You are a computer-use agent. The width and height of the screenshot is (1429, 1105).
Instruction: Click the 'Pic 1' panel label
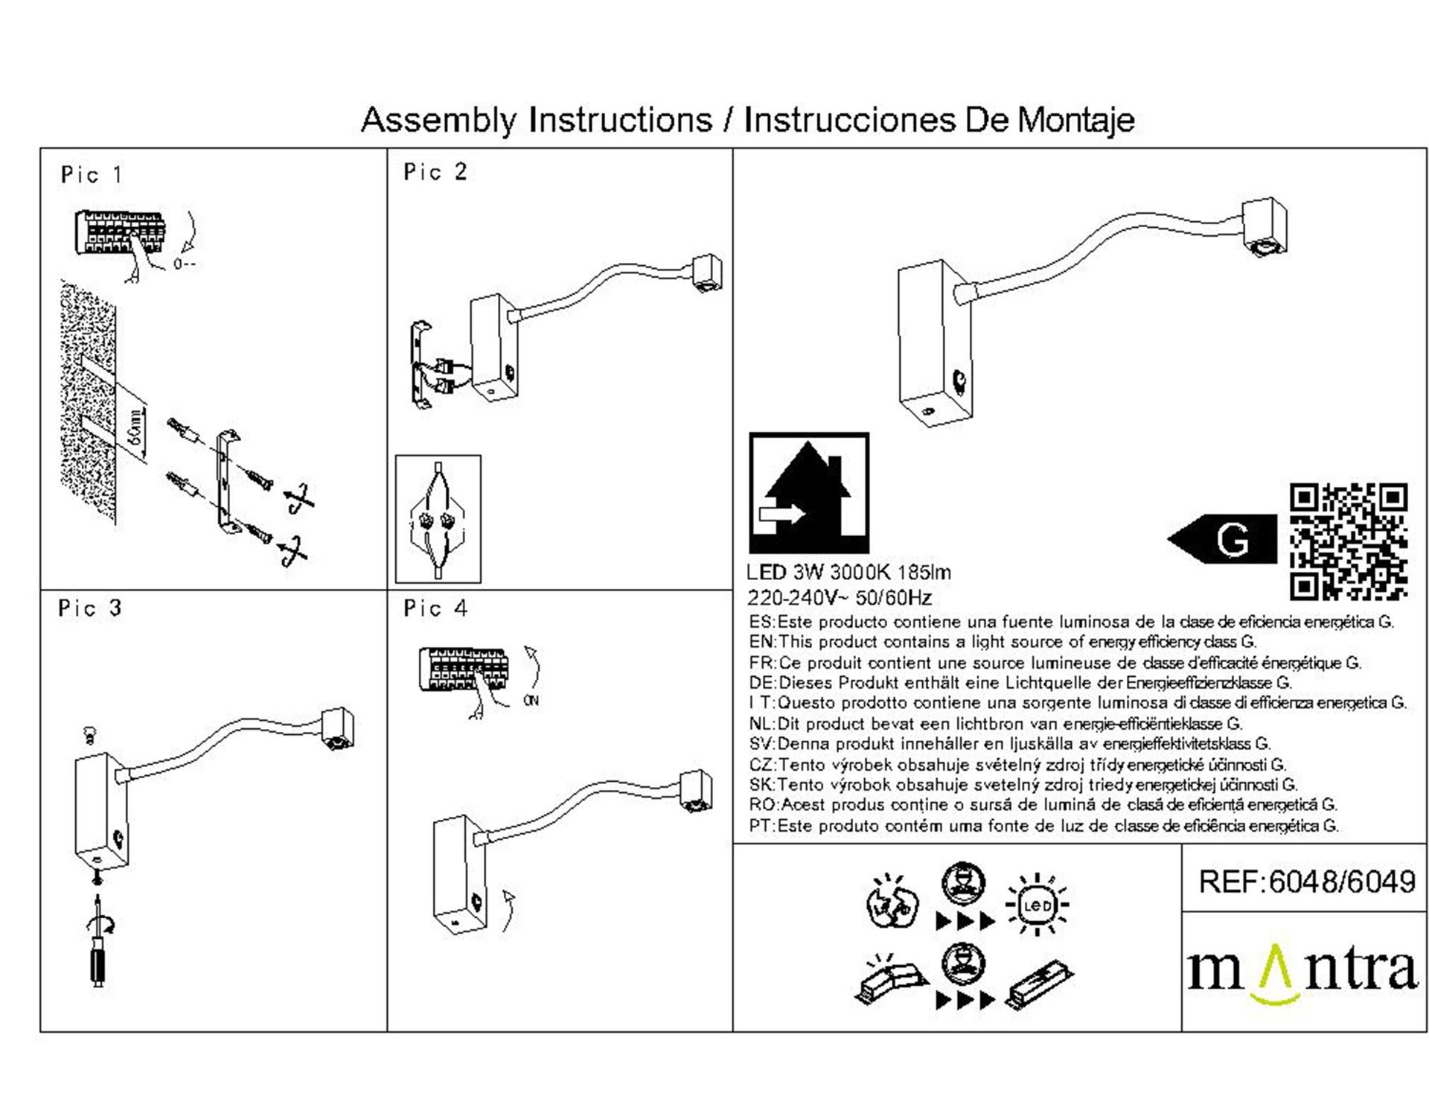(x=92, y=176)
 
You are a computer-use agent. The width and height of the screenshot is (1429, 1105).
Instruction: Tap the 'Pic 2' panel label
(x=435, y=173)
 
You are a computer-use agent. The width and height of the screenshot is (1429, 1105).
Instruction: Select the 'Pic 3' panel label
(x=90, y=609)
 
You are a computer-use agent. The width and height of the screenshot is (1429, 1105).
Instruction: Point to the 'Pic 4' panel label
(x=435, y=609)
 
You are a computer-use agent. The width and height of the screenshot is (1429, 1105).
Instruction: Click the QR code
(x=1348, y=541)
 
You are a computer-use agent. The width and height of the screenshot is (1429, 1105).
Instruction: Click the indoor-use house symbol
(x=809, y=492)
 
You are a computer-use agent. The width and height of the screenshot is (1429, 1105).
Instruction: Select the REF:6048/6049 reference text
(x=1307, y=882)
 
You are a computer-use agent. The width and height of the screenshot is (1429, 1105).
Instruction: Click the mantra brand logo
(x=1302, y=972)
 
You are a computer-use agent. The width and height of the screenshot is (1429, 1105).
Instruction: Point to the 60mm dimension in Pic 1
(x=135, y=427)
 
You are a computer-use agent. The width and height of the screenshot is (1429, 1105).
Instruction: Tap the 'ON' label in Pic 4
(x=531, y=701)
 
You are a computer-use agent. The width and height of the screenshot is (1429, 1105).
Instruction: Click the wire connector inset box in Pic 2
(x=438, y=519)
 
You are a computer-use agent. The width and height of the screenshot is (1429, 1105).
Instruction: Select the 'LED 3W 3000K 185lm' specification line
(x=848, y=573)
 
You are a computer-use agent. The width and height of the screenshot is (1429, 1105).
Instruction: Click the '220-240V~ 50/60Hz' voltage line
(x=840, y=598)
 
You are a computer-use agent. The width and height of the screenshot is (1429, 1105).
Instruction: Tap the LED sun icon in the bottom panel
(x=1037, y=905)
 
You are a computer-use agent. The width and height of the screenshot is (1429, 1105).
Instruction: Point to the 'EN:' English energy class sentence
(x=1003, y=642)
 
